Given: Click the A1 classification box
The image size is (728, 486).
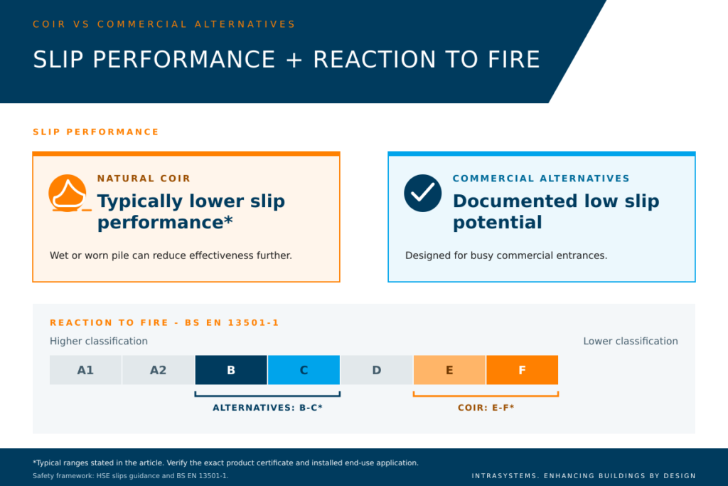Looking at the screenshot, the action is pyautogui.click(x=85, y=370).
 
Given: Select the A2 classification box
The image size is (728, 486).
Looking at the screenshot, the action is pyautogui.click(x=159, y=370).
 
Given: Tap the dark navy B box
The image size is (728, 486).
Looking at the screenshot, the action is pyautogui.click(x=231, y=370).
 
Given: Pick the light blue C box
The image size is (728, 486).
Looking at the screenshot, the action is pyautogui.click(x=304, y=370).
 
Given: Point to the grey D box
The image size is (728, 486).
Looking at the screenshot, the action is pyautogui.click(x=377, y=370).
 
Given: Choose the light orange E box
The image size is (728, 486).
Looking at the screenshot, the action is pyautogui.click(x=449, y=370).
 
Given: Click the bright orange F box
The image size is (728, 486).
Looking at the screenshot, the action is pyautogui.click(x=523, y=370).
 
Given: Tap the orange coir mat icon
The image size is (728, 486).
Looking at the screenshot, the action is pyautogui.click(x=68, y=194).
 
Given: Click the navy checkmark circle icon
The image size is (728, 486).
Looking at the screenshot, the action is pyautogui.click(x=422, y=194).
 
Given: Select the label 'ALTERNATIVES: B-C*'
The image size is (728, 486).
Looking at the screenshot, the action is pyautogui.click(x=267, y=408).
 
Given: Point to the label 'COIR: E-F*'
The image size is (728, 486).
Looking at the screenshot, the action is pyautogui.click(x=486, y=408).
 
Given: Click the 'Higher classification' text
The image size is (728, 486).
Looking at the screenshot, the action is pyautogui.click(x=98, y=341).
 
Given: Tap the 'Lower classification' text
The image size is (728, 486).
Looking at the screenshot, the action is pyautogui.click(x=631, y=341).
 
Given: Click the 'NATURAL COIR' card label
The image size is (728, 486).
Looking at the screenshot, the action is pyautogui.click(x=144, y=179).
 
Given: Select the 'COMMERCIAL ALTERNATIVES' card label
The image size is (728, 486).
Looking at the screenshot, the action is pyautogui.click(x=541, y=179).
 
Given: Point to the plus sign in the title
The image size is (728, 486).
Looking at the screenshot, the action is pyautogui.click(x=294, y=60).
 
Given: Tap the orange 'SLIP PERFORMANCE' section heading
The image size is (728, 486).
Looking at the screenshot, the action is pyautogui.click(x=96, y=132).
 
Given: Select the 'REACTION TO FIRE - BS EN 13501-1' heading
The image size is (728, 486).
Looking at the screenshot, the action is pyautogui.click(x=164, y=322).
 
